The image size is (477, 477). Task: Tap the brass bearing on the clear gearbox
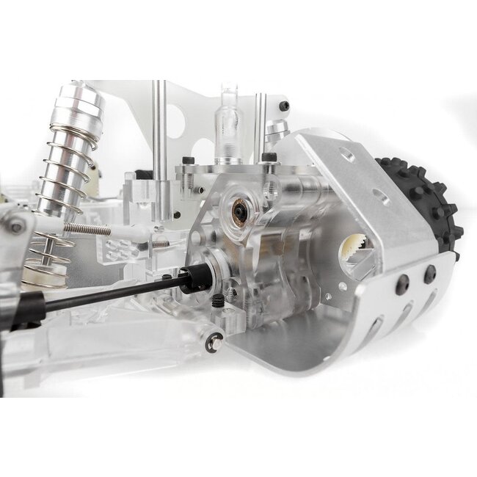tap(239, 211)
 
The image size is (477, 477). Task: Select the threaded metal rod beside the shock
tap(87, 229)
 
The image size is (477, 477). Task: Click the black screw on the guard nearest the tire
tap(429, 273)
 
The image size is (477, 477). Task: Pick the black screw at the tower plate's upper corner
tap(283, 106)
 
